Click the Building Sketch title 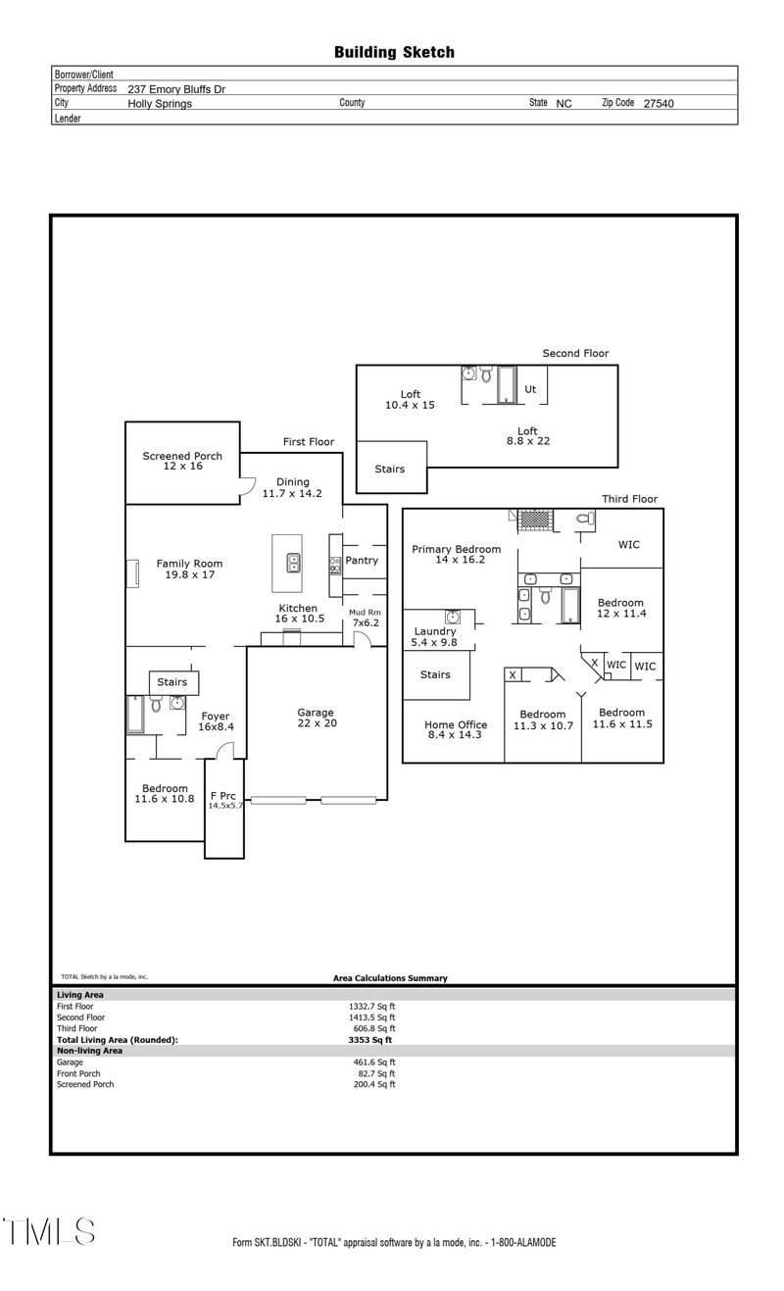(x=394, y=52)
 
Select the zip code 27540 (x=659, y=103)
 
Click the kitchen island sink (x=293, y=562)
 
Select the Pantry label (x=362, y=561)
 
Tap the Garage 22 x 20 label (x=316, y=718)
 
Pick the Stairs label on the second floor (x=389, y=470)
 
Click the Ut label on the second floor (x=530, y=389)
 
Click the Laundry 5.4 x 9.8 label (x=435, y=637)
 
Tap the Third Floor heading (x=629, y=499)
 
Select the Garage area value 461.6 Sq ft (x=371, y=1062)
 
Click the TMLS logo (x=49, y=1231)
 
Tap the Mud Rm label (x=364, y=612)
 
